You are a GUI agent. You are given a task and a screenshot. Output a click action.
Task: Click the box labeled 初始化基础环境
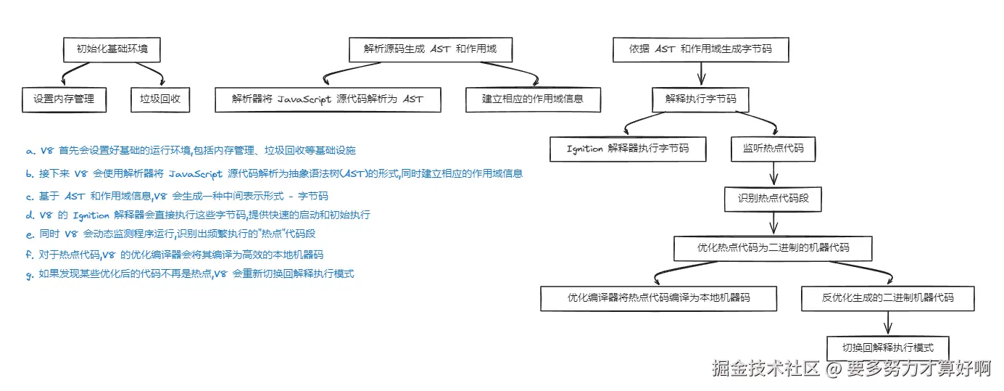[x=111, y=50]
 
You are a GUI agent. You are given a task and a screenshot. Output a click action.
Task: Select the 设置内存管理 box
[x=64, y=99]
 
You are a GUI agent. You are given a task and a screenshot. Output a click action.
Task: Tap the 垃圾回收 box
[x=160, y=99]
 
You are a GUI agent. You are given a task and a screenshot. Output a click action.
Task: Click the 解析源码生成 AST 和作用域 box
[x=431, y=50]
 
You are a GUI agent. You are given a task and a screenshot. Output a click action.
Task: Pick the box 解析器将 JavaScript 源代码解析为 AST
[x=328, y=99]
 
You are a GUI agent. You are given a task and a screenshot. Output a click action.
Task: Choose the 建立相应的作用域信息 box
[x=533, y=99]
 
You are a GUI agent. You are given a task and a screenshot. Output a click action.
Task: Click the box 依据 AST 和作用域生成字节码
[x=700, y=50]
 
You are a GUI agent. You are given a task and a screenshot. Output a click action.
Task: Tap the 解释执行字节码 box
[x=700, y=99]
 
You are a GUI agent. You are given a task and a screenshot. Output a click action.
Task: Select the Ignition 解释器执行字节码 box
[x=628, y=149]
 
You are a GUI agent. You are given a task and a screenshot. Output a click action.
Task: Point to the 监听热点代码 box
[x=773, y=149]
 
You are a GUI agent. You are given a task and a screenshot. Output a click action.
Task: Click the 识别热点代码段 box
[x=773, y=198]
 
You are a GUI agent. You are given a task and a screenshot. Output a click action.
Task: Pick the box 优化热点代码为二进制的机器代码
[x=773, y=247]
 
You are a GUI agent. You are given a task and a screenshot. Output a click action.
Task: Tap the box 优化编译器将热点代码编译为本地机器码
[x=659, y=298]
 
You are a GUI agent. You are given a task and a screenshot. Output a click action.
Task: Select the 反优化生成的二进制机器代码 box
[x=887, y=298]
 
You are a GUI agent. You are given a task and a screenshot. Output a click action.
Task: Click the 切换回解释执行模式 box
[x=887, y=347]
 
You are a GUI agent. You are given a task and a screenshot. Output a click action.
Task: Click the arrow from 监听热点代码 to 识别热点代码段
[x=773, y=174]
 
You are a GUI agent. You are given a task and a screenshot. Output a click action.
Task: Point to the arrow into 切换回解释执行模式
[x=887, y=323]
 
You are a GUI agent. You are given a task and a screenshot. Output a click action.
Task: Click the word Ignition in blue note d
[x=91, y=215]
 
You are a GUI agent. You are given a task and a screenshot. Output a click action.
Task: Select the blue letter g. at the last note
[x=30, y=275]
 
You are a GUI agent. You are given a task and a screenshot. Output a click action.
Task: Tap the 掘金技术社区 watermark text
[x=766, y=369]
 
